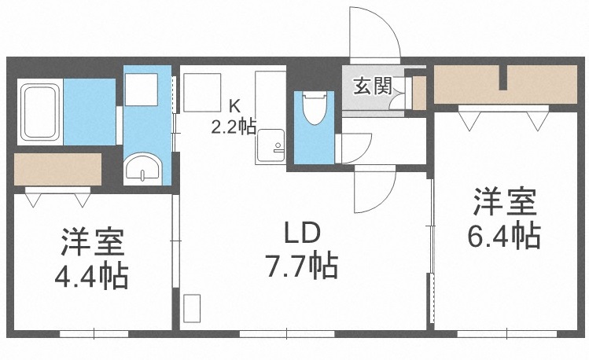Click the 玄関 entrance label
pos(372,86)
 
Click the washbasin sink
pos(143,167)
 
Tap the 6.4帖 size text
pos(504,235)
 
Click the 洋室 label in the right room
pos(504,203)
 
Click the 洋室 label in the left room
pos(92,243)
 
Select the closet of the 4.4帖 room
pos(58,169)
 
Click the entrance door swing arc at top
pos(375,35)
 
